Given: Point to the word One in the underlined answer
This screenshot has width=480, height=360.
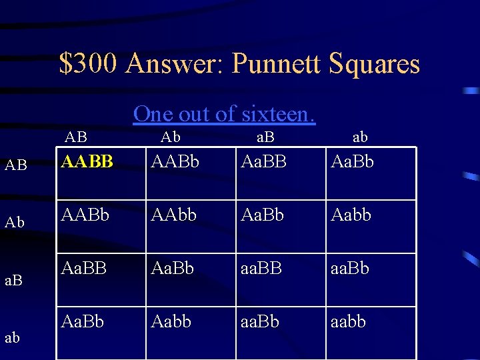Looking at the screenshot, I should coord(153,114).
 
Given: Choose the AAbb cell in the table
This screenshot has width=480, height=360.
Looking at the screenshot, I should coord(175,215).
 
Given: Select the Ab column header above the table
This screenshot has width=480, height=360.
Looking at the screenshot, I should coord(170,137).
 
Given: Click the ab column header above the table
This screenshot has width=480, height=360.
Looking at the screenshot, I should coord(359,137).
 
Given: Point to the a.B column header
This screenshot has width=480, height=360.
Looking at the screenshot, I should coord(265,137).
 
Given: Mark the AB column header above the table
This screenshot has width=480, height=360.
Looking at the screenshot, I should coord(76,137).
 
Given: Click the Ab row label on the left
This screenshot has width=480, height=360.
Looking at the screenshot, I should coord(15,222).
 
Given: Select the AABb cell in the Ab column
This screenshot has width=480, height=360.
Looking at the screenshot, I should coord(176,161).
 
